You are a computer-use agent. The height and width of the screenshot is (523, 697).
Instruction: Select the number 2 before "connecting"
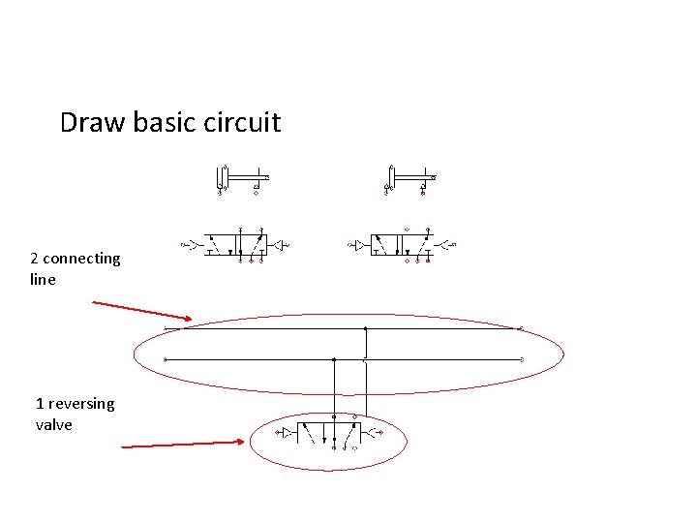pyautogui.click(x=35, y=259)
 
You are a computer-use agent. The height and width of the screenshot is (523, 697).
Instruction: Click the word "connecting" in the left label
pyautogui.click(x=82, y=259)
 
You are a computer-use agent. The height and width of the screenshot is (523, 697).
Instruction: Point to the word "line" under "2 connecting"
pyautogui.click(x=43, y=280)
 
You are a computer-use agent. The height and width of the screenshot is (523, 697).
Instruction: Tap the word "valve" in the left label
pyautogui.click(x=53, y=425)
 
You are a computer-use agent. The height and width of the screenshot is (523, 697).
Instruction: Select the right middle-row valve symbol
pyautogui.click(x=403, y=244)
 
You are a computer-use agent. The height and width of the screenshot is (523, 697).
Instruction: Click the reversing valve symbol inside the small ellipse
pyautogui.click(x=329, y=432)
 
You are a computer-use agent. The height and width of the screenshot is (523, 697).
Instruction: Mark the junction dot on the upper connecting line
pyautogui.click(x=365, y=329)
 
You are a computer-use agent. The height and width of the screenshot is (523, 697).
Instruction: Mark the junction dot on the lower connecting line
pyautogui.click(x=334, y=359)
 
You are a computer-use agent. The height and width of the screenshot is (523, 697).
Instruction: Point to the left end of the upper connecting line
pyautogui.click(x=167, y=329)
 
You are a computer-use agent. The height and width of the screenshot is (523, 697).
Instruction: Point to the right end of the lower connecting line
pyautogui.click(x=522, y=359)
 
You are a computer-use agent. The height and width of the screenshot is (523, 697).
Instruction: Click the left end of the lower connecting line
pyautogui.click(x=166, y=359)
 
